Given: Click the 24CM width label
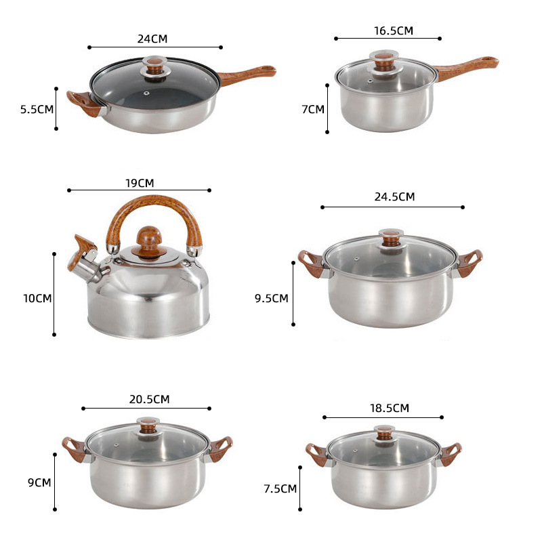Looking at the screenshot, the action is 152,39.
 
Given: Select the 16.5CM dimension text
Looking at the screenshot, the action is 394,30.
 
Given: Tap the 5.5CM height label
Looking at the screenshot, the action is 37,109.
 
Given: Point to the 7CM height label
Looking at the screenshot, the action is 313,109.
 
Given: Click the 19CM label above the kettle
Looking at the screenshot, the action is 140,183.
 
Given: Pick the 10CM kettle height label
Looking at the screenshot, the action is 37,298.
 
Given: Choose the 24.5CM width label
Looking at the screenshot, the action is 394,196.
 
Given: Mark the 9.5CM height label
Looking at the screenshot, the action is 272,298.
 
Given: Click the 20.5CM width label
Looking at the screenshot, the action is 149,399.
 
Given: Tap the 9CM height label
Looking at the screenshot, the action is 39,482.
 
